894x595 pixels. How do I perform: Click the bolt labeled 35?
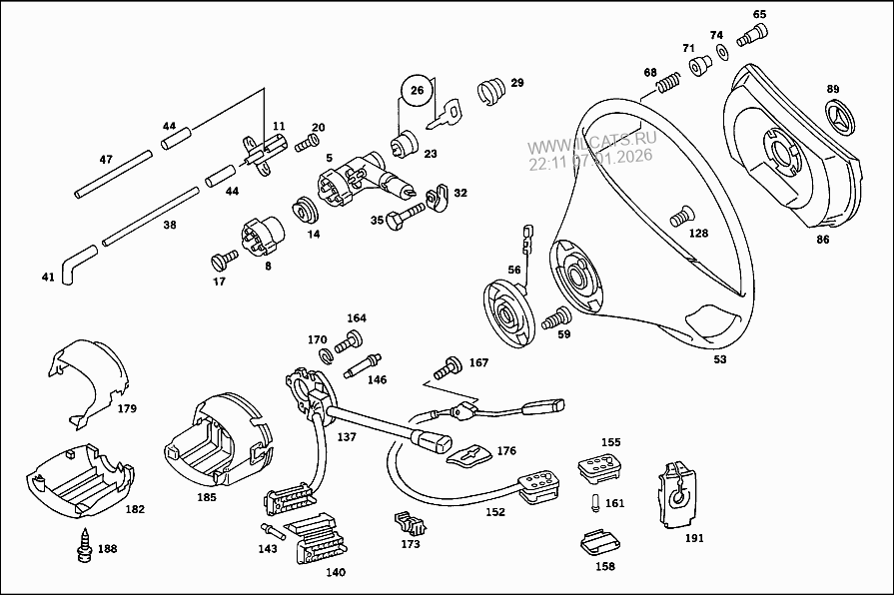pos(404,217)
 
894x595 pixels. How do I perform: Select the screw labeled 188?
pos(86,546)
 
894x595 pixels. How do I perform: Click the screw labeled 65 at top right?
pos(751,35)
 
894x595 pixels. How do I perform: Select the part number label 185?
pos(207,495)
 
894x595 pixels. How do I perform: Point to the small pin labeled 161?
pos(595,503)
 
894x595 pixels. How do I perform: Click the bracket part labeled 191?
pos(677,495)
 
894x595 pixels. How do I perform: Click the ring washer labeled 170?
pos(326,356)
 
